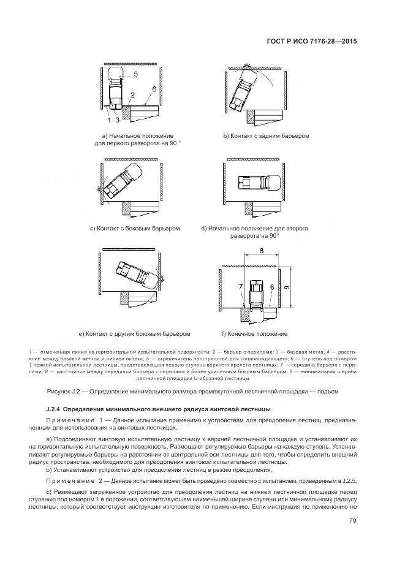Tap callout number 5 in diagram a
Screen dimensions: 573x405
pos(135,74)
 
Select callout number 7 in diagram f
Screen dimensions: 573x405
pos(241,287)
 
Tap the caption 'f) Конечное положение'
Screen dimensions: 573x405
pos(254,333)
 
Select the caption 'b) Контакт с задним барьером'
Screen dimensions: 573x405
pos(266,135)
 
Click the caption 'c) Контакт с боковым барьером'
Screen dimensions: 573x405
pos(134,229)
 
